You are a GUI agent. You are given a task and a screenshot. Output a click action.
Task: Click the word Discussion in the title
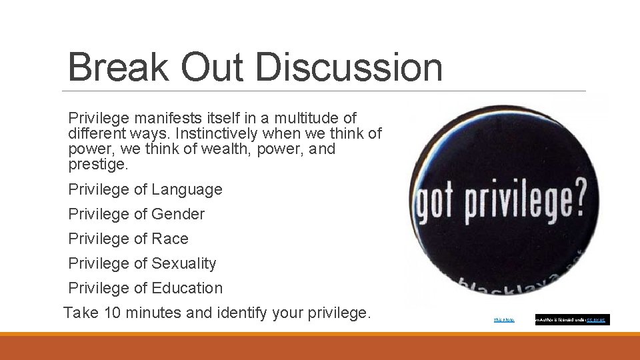[348, 67]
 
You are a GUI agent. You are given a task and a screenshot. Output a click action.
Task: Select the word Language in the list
[187, 190]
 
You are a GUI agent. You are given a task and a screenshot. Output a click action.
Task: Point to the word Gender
[178, 214]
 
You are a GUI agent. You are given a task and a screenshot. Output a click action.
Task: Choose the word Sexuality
[184, 263]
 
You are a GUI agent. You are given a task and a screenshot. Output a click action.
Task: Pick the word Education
[187, 288]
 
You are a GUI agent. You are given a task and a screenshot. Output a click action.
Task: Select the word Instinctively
[215, 133]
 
